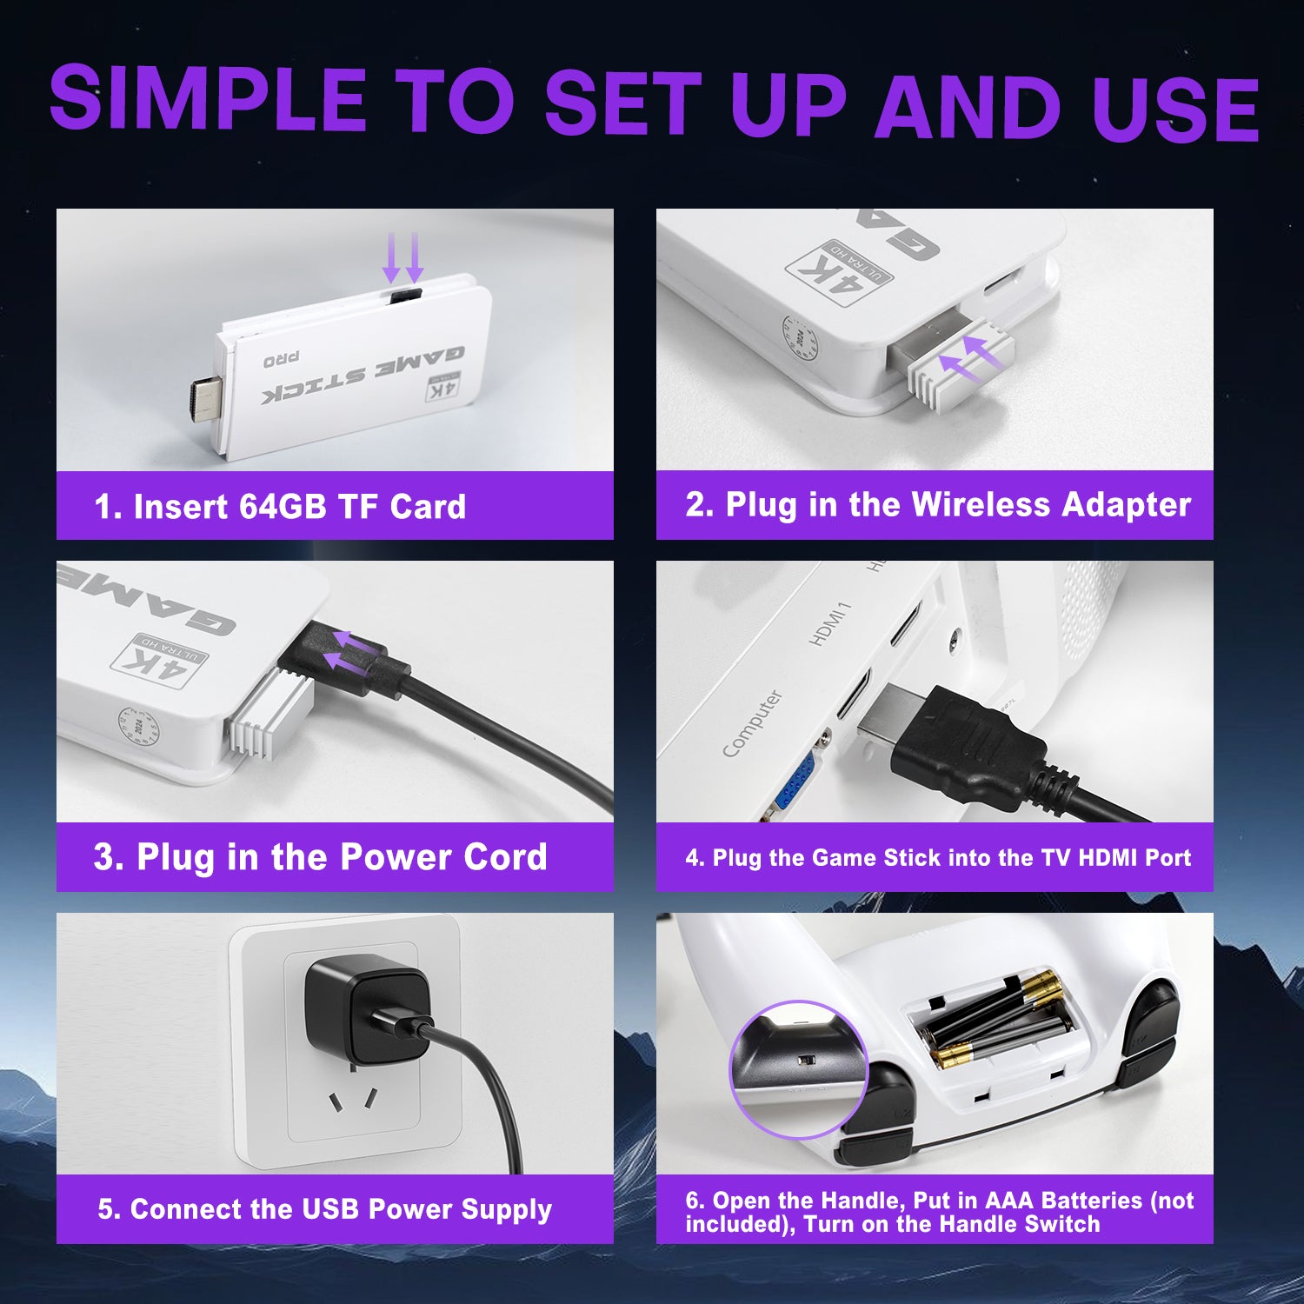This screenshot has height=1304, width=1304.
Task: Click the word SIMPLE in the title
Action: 209,97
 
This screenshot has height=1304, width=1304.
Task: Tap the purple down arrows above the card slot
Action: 403,257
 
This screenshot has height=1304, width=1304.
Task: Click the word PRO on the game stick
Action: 282,359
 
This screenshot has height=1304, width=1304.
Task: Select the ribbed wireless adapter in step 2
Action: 956,363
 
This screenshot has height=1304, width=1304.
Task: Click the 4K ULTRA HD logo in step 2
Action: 839,271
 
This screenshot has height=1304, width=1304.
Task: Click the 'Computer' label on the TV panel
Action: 753,723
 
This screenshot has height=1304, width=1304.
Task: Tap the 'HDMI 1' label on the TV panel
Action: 830,623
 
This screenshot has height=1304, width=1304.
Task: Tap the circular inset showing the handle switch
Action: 798,1069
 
